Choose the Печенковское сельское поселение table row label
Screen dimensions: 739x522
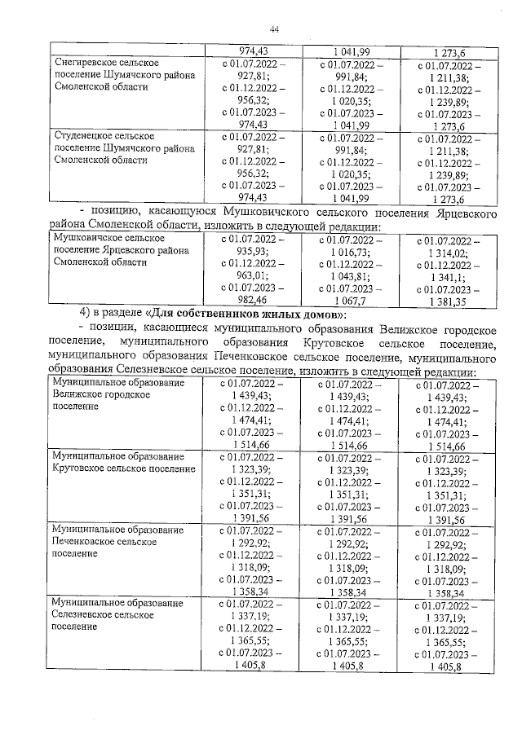114,541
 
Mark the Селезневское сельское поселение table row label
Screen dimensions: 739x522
114,615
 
